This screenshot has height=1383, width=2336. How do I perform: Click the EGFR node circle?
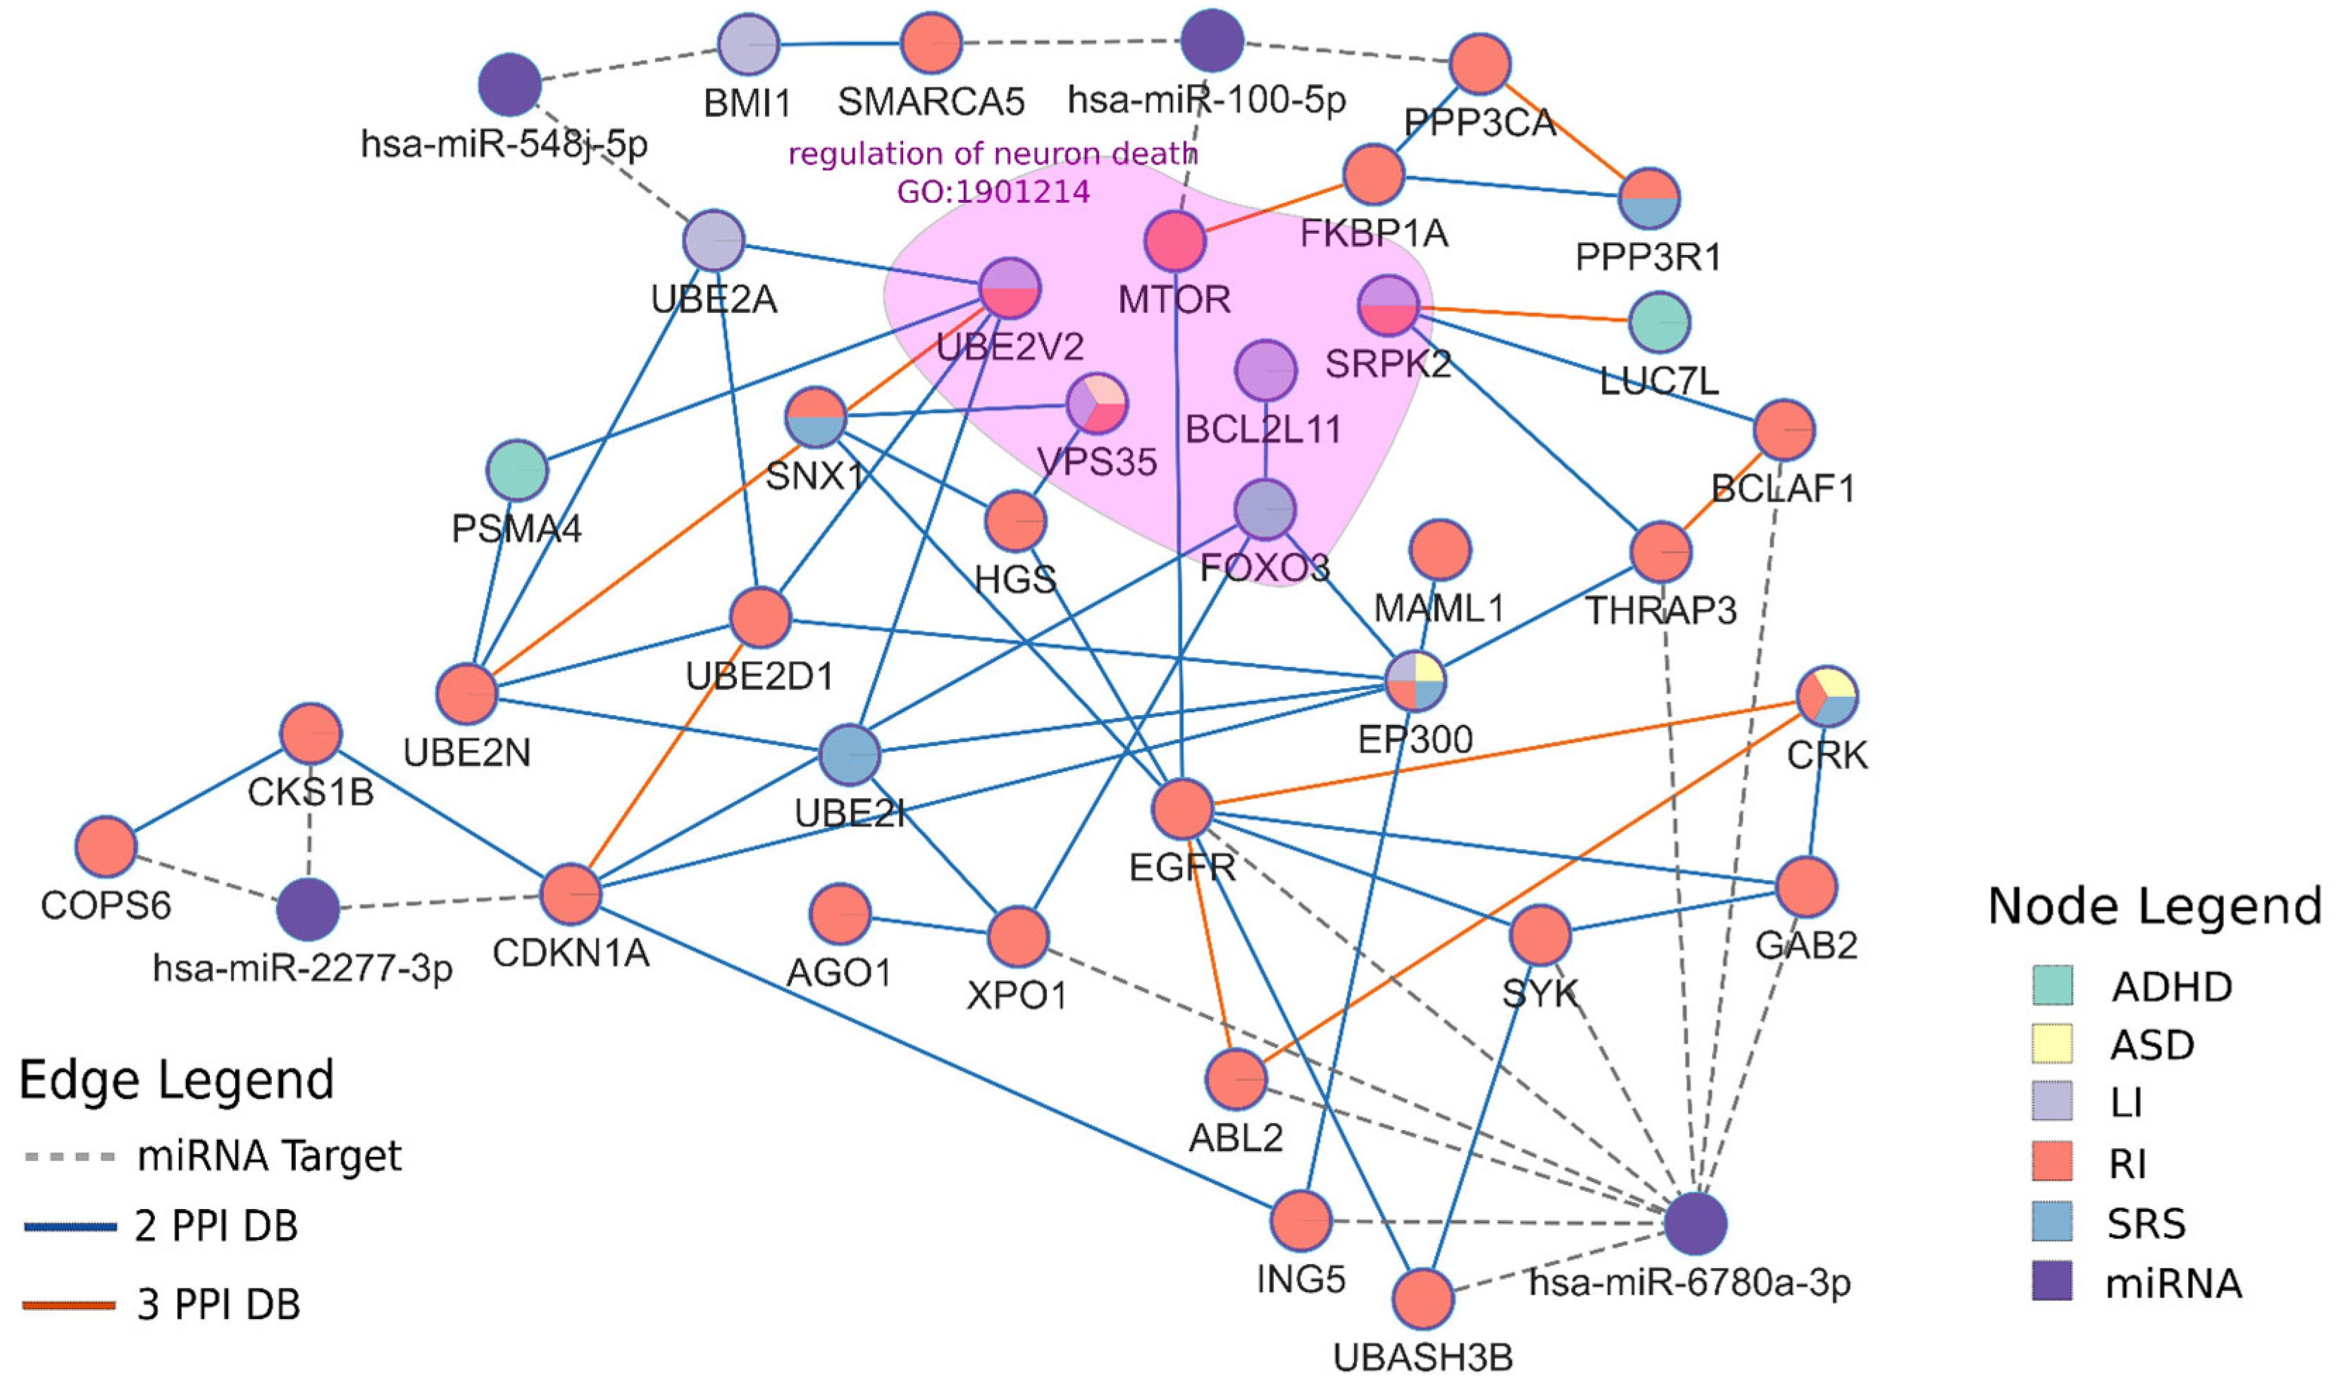click(1181, 809)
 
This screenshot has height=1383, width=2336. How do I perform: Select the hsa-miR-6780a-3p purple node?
click(1695, 1222)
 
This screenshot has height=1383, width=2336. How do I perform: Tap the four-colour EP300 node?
click(1415, 681)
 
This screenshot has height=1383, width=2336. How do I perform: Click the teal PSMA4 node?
click(517, 471)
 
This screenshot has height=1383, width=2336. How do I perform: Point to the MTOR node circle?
click(1175, 242)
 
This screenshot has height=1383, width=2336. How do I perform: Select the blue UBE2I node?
click(850, 754)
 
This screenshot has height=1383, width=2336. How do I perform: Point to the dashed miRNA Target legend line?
click(70, 1158)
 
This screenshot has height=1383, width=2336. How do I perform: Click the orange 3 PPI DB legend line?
click(70, 1305)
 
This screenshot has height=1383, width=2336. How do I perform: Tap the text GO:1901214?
click(993, 192)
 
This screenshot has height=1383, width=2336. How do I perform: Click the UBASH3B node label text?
click(1423, 1358)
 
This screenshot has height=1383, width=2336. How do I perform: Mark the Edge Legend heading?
click(176, 1080)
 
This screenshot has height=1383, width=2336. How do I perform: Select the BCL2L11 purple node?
click(1265, 370)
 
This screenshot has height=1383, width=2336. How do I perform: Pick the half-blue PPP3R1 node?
click(1648, 199)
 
